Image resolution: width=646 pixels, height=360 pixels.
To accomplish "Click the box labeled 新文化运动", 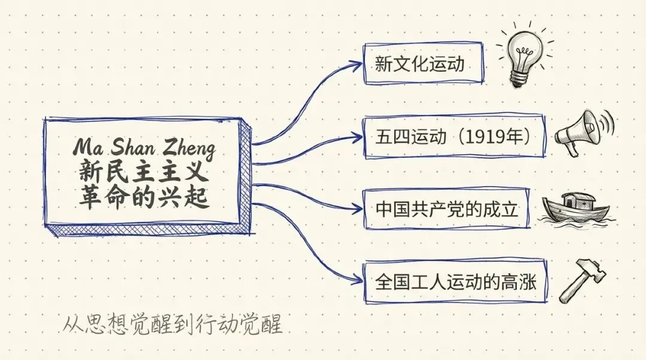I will [423, 64].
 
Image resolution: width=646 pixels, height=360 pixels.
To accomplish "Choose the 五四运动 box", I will [455, 138].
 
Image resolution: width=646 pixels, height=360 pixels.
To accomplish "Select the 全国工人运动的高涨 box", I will [455, 280].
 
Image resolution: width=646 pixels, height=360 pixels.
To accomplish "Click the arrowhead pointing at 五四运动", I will [359, 138].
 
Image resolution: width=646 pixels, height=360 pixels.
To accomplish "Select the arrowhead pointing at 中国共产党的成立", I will [359, 210].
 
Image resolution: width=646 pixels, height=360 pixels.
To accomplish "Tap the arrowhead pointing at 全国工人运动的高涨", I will [359, 280].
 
